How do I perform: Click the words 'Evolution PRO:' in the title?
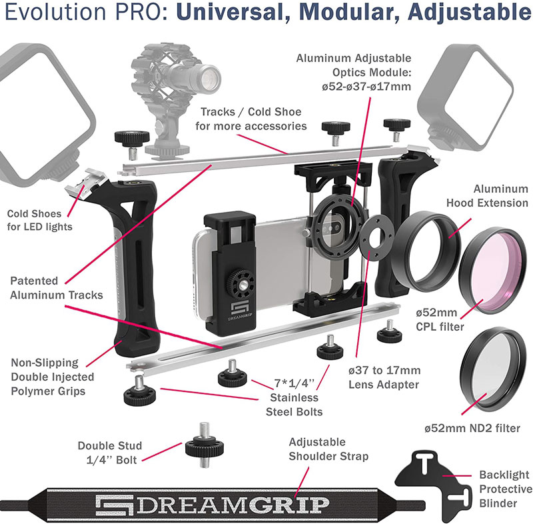tap(63, 13)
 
